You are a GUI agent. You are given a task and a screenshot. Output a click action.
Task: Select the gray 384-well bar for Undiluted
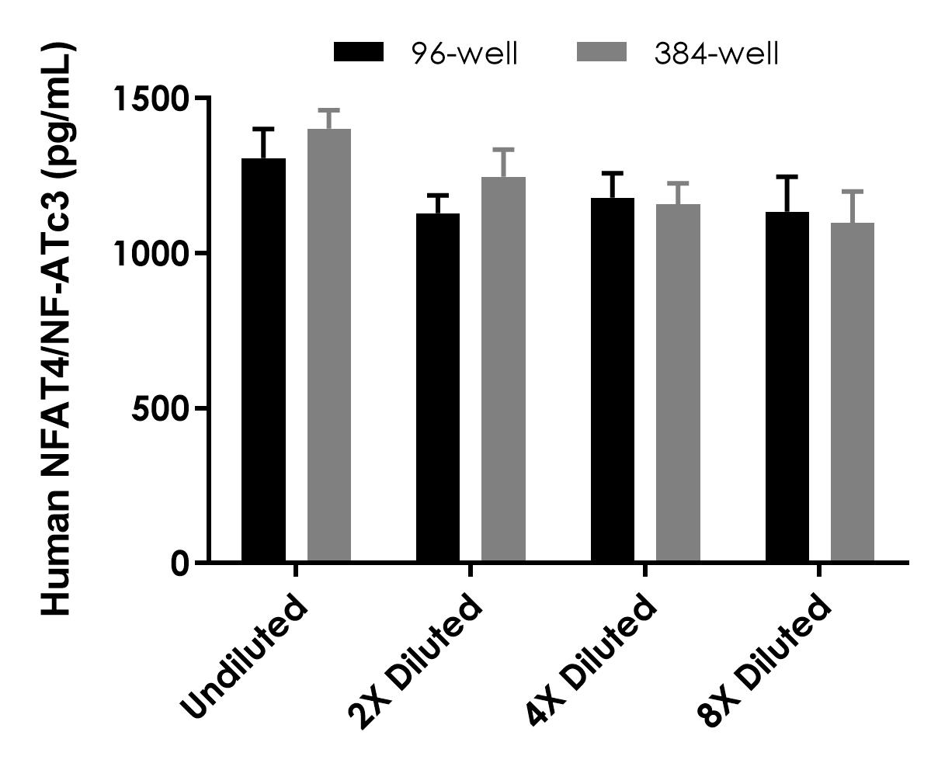coord(329,345)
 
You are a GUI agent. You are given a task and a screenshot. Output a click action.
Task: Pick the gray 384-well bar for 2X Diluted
coord(503,369)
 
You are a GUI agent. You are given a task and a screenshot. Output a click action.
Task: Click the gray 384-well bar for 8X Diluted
coord(853,392)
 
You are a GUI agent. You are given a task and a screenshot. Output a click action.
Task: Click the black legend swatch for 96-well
coord(358,53)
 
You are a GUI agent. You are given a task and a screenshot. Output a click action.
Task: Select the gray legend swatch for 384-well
coord(602,53)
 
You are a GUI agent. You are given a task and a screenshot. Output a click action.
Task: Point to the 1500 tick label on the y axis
coord(151,99)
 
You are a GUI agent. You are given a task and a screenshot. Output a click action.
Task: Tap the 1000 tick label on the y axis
coord(151,254)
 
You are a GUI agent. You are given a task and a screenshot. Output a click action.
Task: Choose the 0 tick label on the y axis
coord(179,563)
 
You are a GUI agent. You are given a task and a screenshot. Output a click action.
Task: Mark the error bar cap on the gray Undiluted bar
coord(329,110)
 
